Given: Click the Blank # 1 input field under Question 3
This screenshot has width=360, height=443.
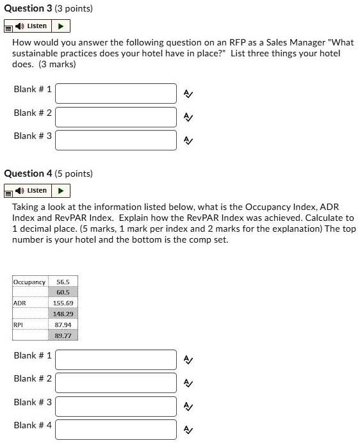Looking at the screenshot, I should pyautogui.click(x=116, y=93).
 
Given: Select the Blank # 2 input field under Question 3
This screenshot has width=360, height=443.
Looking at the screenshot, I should pyautogui.click(x=116, y=117).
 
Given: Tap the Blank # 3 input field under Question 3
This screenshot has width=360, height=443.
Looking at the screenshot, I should pyautogui.click(x=116, y=140).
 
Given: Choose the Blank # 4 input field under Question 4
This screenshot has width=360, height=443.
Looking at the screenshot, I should pyautogui.click(x=116, y=429).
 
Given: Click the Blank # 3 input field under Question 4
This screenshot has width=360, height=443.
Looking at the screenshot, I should pyautogui.click(x=116, y=406).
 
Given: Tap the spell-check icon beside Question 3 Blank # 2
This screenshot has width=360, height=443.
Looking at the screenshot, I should pyautogui.click(x=188, y=117).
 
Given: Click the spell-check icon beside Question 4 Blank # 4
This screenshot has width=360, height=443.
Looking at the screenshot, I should pyautogui.click(x=188, y=430).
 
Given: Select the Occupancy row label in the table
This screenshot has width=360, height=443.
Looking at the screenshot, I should pyautogui.click(x=29, y=282).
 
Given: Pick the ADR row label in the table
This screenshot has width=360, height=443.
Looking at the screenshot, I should pyautogui.click(x=20, y=303).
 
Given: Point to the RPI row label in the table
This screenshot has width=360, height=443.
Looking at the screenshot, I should pyautogui.click(x=19, y=325).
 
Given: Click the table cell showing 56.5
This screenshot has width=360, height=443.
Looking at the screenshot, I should pyautogui.click(x=63, y=282).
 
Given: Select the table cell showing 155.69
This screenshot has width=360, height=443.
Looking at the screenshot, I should pyautogui.click(x=63, y=303).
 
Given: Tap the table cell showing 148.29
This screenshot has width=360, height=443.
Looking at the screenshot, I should pyautogui.click(x=63, y=314).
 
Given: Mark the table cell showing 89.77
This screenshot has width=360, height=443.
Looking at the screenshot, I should pyautogui.click(x=63, y=335).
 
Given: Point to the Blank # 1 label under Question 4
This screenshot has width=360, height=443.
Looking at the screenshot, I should pyautogui.click(x=33, y=355).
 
